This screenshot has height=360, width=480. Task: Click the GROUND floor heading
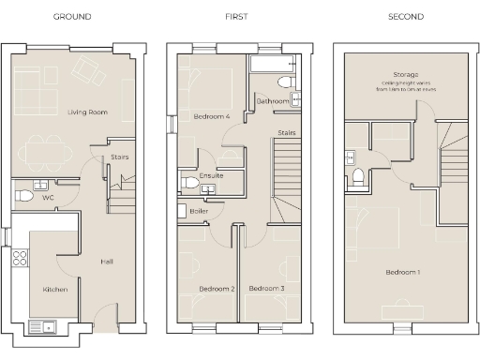pos(72,17)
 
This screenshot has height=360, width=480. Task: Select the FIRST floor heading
pos(236,17)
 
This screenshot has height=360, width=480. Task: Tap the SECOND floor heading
pos(405,17)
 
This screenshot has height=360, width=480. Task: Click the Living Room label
pos(87,112)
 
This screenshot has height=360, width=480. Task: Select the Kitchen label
pos(54,290)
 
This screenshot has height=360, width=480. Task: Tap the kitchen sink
pos(42,327)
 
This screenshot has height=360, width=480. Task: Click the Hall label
pos(107,262)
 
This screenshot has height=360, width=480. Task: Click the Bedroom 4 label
pos(212,117)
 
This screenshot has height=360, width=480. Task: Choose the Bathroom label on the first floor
pos(272,99)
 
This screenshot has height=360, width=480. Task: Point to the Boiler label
pos(199,211)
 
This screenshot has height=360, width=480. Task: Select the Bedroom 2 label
pos(217,289)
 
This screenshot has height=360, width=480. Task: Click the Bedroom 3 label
pos(266,289)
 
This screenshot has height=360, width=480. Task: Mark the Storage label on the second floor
pos(406,73)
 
